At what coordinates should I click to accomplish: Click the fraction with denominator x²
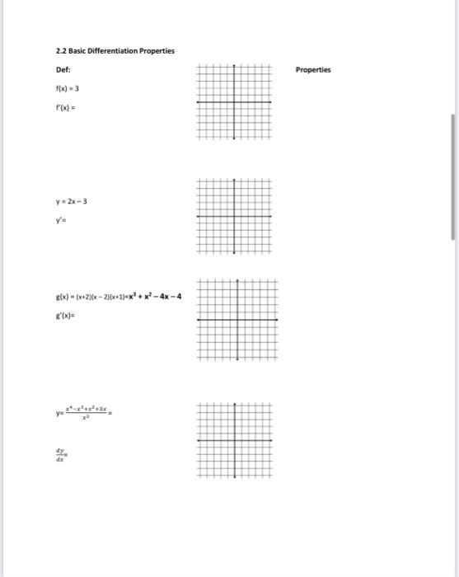click(x=91, y=413)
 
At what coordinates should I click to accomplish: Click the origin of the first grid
click(x=234, y=102)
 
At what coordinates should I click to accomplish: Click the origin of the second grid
click(x=234, y=216)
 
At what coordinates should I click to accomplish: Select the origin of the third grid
click(x=237, y=320)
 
